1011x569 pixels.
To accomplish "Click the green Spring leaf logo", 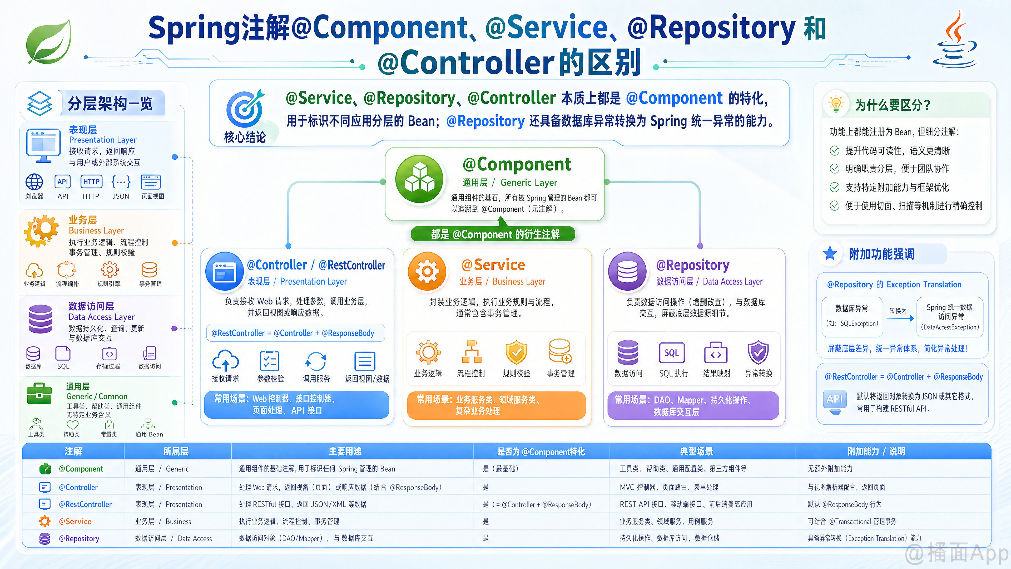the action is coord(49,42).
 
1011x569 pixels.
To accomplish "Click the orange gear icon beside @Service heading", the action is coord(427,271).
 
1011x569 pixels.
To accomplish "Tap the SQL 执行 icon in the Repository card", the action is coord(672,353).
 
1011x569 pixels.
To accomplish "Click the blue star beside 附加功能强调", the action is coord(830,253).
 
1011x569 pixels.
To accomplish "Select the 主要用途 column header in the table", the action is coord(345,452).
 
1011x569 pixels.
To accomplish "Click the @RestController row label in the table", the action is coord(85,504).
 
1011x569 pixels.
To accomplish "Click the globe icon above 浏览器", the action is coord(34,182).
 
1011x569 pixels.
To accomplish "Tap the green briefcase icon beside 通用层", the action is coord(39,394).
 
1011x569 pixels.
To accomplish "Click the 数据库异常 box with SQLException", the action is coord(852,316).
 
